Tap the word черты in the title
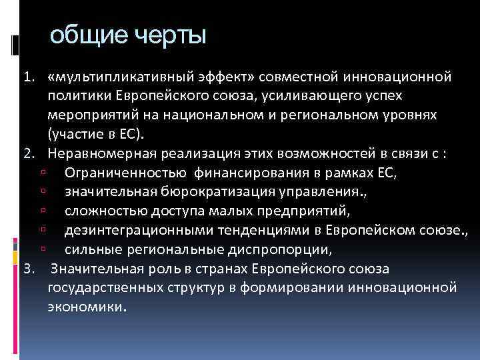click(x=167, y=36)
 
